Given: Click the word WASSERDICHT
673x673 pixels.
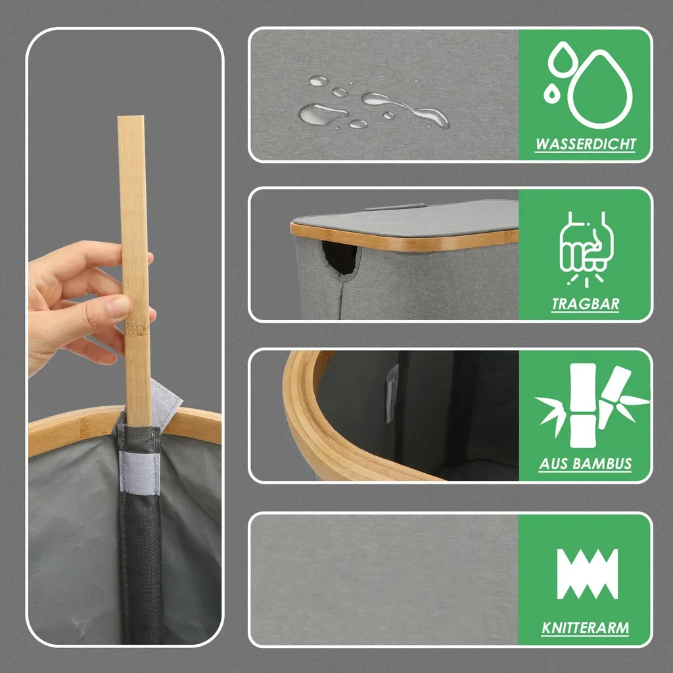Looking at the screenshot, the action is tap(586, 144).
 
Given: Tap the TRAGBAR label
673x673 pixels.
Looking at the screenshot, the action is tap(586, 304).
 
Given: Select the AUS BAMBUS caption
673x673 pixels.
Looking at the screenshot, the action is tap(586, 463).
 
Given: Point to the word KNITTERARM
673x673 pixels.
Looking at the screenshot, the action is tap(586, 628).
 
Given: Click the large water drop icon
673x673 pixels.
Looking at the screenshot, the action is tap(599, 89).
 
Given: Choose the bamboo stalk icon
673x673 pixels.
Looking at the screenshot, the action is tap(591, 406).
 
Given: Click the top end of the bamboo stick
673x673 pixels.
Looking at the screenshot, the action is tap(131, 116).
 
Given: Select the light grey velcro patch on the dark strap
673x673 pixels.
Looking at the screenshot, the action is tap(139, 471).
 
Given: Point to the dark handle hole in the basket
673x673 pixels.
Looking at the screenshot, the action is tap(340, 258).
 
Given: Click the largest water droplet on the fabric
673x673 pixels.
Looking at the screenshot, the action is tap(322, 114).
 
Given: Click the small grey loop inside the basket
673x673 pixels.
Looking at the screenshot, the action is tap(392, 394).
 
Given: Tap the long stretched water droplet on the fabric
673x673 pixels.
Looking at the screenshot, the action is tap(405, 108).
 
